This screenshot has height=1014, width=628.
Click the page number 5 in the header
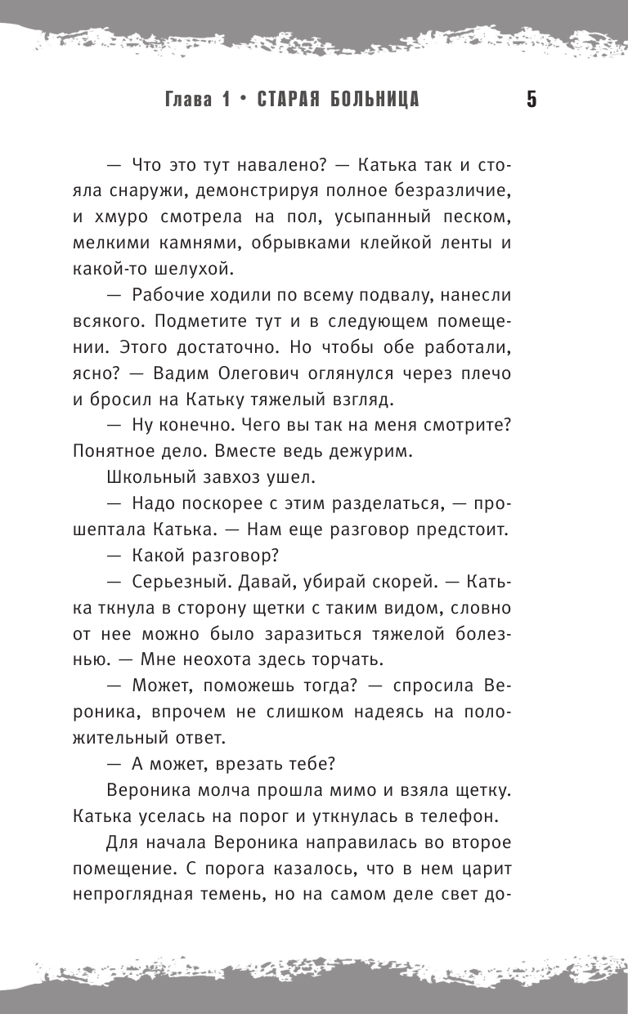pos(531,101)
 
